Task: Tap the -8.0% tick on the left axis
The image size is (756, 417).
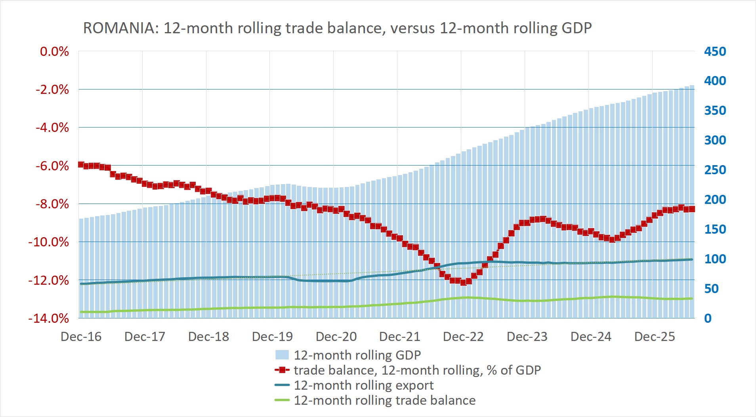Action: click(x=52, y=204)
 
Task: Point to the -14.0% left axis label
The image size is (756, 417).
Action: click(x=49, y=318)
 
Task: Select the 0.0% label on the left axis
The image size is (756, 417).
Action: click(x=54, y=51)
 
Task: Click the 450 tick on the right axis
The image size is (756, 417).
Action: click(x=715, y=51)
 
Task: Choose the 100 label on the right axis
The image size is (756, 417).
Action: click(x=715, y=259)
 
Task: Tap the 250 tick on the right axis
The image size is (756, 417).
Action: click(x=715, y=170)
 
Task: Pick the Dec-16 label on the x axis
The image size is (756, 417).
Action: click(x=81, y=337)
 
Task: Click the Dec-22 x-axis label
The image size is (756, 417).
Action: click(x=463, y=337)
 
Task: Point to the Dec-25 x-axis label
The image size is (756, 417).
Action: click(x=655, y=337)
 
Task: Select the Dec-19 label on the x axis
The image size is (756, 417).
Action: click(x=272, y=337)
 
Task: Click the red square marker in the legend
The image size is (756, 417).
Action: click(x=282, y=370)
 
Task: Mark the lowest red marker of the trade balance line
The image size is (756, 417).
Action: click(x=463, y=282)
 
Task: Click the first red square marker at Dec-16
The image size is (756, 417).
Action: click(x=81, y=164)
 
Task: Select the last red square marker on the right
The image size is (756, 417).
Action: click(x=692, y=209)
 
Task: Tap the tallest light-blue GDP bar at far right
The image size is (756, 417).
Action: click(x=692, y=202)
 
